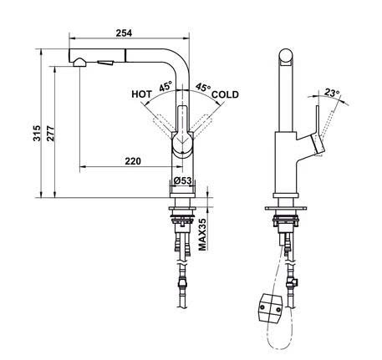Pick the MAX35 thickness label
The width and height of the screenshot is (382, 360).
pyautogui.click(x=203, y=235)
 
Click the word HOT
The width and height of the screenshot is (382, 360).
pyautogui.click(x=142, y=95)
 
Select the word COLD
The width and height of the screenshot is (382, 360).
pyautogui.click(x=225, y=95)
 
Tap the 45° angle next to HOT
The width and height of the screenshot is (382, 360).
pyautogui.click(x=166, y=86)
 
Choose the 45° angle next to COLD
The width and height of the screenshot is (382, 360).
pyautogui.click(x=203, y=86)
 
